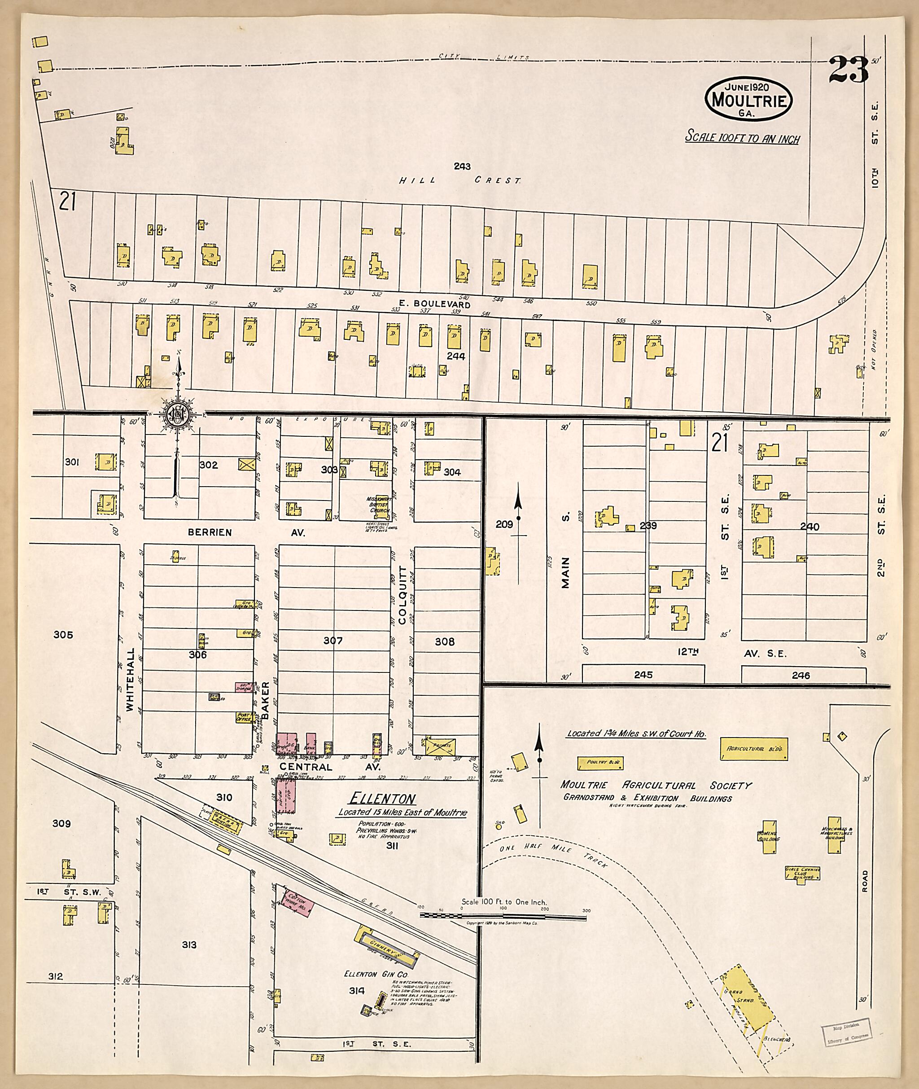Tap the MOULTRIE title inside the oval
(748, 100)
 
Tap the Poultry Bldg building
(600, 763)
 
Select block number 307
(333, 641)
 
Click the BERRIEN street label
(210, 532)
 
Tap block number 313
(189, 944)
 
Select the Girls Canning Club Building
(802, 873)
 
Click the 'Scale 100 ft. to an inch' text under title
(742, 137)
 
